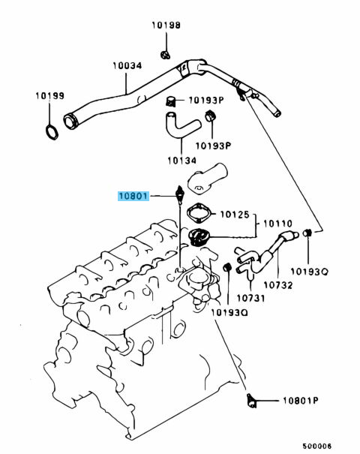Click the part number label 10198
coord(166,26)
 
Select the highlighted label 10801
coord(133,197)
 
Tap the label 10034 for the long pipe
coord(127,65)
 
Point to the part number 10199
coord(49,95)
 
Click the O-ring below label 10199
coord(52,132)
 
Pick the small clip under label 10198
coord(165,55)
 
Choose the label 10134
coord(182,161)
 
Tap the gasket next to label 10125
coord(199,214)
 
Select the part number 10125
coord(235,215)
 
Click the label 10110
coord(277,224)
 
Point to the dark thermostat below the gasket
coord(198,237)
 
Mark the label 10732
coord(278,285)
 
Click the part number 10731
coord(250,298)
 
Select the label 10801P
coord(301,401)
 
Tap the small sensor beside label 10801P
coord(251,401)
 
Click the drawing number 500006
coord(317,446)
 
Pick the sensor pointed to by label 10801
coord(180,195)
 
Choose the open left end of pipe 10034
coord(70,122)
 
